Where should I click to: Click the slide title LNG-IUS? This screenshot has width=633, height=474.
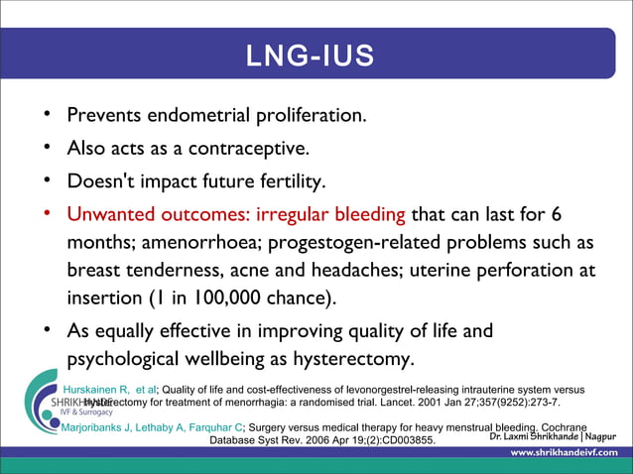coord(311,57)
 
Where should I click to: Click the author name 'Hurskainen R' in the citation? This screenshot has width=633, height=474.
coord(103,390)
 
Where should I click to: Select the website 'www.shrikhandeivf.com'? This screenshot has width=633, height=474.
coord(564,453)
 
